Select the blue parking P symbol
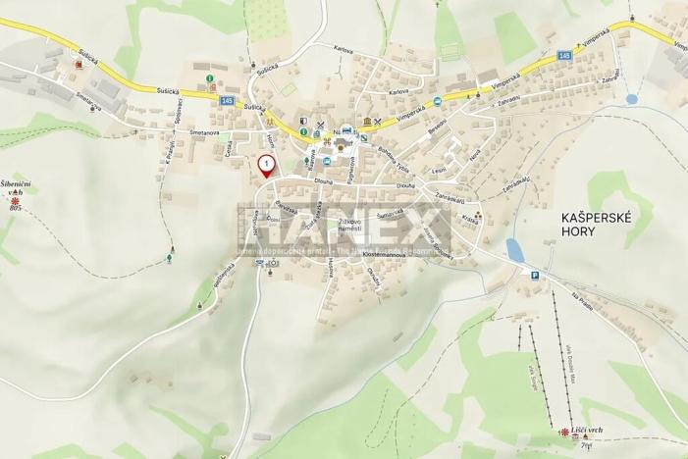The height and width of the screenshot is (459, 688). click(x=533, y=277)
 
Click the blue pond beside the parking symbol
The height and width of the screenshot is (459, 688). click(x=513, y=250)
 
